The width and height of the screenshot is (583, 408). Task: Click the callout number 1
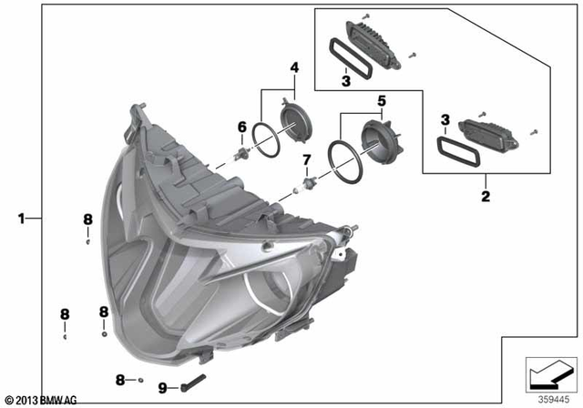coord(20,219)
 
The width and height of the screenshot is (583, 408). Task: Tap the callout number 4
coord(294,67)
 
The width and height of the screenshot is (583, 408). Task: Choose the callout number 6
coord(242,126)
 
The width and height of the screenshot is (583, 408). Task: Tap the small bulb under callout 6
coord(243,151)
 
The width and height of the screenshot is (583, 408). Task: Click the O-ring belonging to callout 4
coord(265,138)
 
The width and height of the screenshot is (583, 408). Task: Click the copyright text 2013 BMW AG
coord(40,400)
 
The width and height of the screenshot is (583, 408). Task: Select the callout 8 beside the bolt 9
coord(120,378)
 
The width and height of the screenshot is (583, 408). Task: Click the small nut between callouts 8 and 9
coord(142,379)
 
